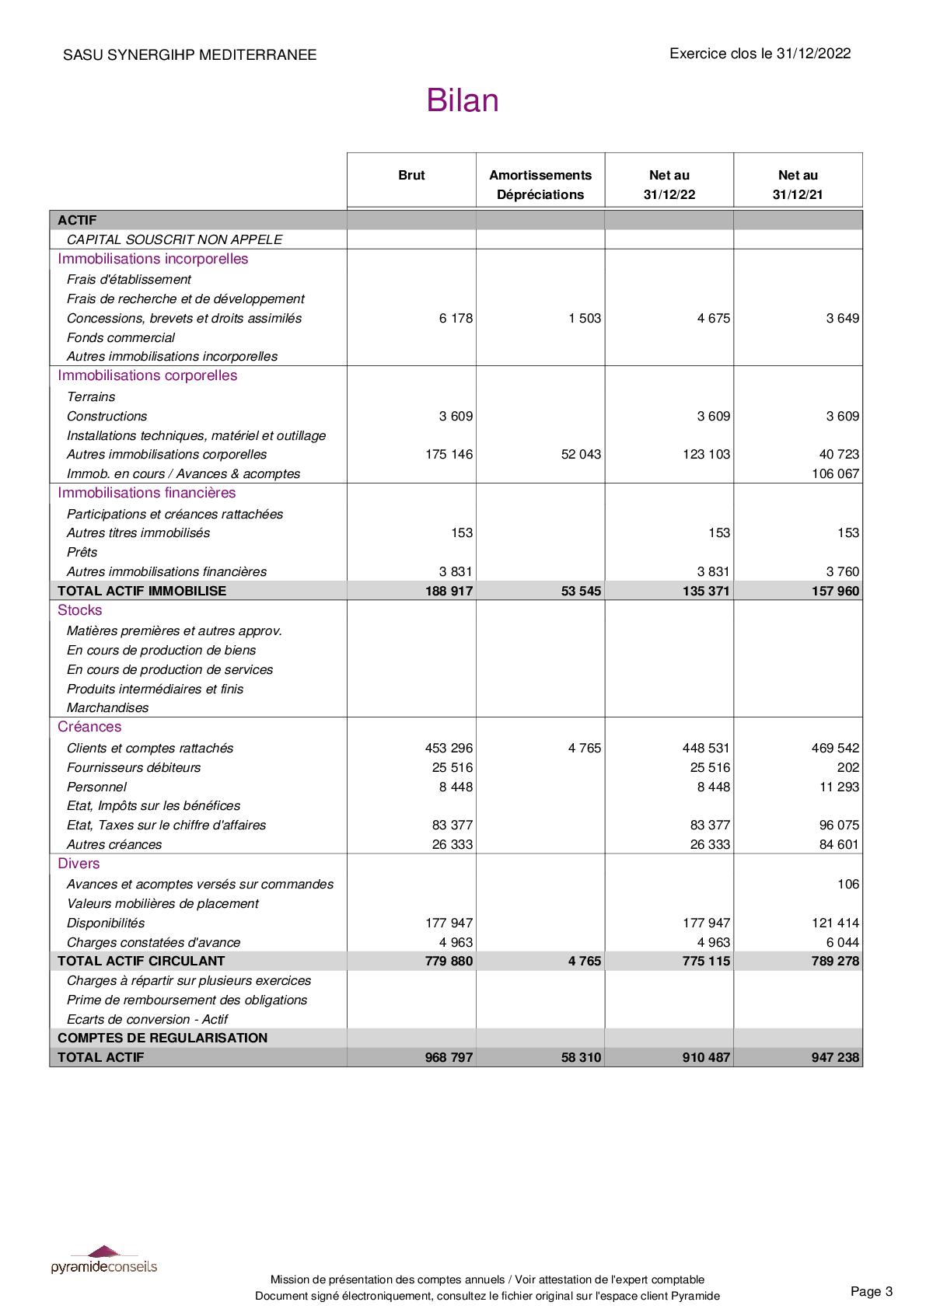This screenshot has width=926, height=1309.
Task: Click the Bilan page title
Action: (x=462, y=101)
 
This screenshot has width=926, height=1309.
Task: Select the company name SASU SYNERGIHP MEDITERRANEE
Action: (x=190, y=55)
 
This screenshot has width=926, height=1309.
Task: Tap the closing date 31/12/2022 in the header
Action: (x=813, y=54)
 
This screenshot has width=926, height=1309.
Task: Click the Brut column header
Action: (x=411, y=176)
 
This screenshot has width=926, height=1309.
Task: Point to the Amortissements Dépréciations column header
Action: (x=540, y=185)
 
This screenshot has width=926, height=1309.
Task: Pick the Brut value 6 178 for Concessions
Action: (x=456, y=318)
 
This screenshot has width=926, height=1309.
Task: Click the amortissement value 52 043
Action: (x=581, y=454)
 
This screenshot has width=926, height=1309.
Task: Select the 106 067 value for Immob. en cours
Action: (x=835, y=473)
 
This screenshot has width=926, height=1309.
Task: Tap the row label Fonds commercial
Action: (x=121, y=337)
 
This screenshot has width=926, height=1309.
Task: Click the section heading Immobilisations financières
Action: (x=146, y=493)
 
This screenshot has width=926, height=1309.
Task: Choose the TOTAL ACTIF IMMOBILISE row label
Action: (x=142, y=591)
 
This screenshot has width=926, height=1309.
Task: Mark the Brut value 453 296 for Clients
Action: (x=449, y=748)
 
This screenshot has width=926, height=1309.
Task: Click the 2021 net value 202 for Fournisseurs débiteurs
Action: (x=848, y=767)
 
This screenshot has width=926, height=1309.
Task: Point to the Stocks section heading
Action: (x=79, y=610)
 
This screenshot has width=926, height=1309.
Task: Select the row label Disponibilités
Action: (x=106, y=923)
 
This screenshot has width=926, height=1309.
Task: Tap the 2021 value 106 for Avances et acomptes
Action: (x=848, y=884)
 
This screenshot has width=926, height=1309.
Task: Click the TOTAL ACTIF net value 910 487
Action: (x=706, y=1057)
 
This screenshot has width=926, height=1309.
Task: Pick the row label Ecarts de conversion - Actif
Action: (x=147, y=1019)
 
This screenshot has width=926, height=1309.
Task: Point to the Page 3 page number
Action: (x=872, y=1291)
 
